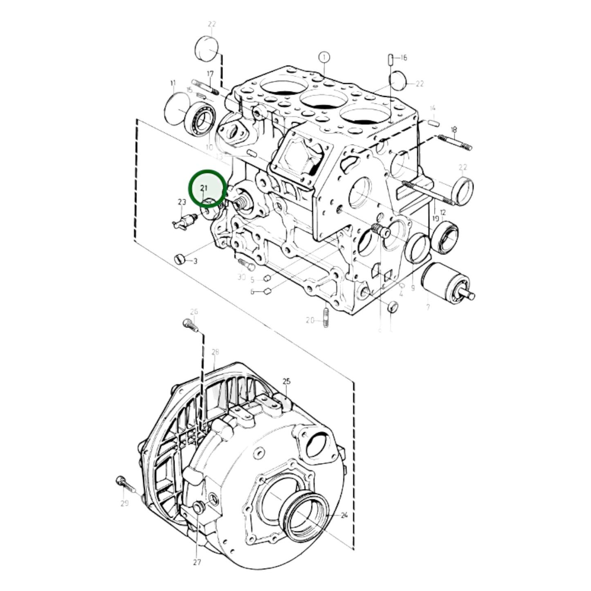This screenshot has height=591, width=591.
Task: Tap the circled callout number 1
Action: click(x=324, y=57)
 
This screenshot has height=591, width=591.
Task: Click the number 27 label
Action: click(x=197, y=562)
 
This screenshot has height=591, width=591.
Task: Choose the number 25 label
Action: click(x=286, y=381)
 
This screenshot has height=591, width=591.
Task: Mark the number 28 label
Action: click(x=215, y=352)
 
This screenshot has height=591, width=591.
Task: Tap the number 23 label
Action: click(x=182, y=202)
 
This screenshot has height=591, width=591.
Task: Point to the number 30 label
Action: click(x=241, y=277)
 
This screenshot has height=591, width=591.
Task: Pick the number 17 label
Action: click(x=210, y=74)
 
